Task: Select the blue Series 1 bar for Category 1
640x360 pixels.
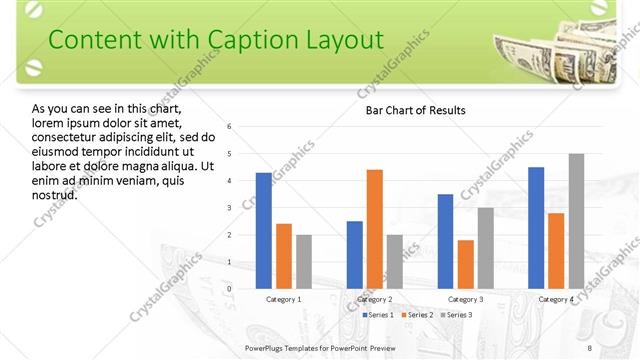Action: [264, 230]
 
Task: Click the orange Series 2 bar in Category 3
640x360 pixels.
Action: [465, 264]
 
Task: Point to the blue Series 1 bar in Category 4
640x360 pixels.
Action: [536, 227]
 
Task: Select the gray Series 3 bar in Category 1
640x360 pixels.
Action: [304, 261]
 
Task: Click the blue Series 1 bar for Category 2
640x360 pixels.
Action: [354, 254]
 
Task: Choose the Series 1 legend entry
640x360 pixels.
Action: [378, 315]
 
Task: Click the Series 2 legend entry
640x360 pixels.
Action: [417, 315]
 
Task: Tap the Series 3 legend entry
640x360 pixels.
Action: [456, 315]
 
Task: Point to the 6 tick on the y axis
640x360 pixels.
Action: [230, 127]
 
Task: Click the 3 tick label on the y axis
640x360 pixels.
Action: [230, 208]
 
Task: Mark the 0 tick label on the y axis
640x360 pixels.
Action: [230, 289]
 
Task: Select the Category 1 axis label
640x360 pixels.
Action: [284, 299]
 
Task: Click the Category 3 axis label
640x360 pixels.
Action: [465, 299]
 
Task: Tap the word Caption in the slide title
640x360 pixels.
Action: [250, 39]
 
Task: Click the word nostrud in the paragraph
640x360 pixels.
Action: [54, 194]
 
